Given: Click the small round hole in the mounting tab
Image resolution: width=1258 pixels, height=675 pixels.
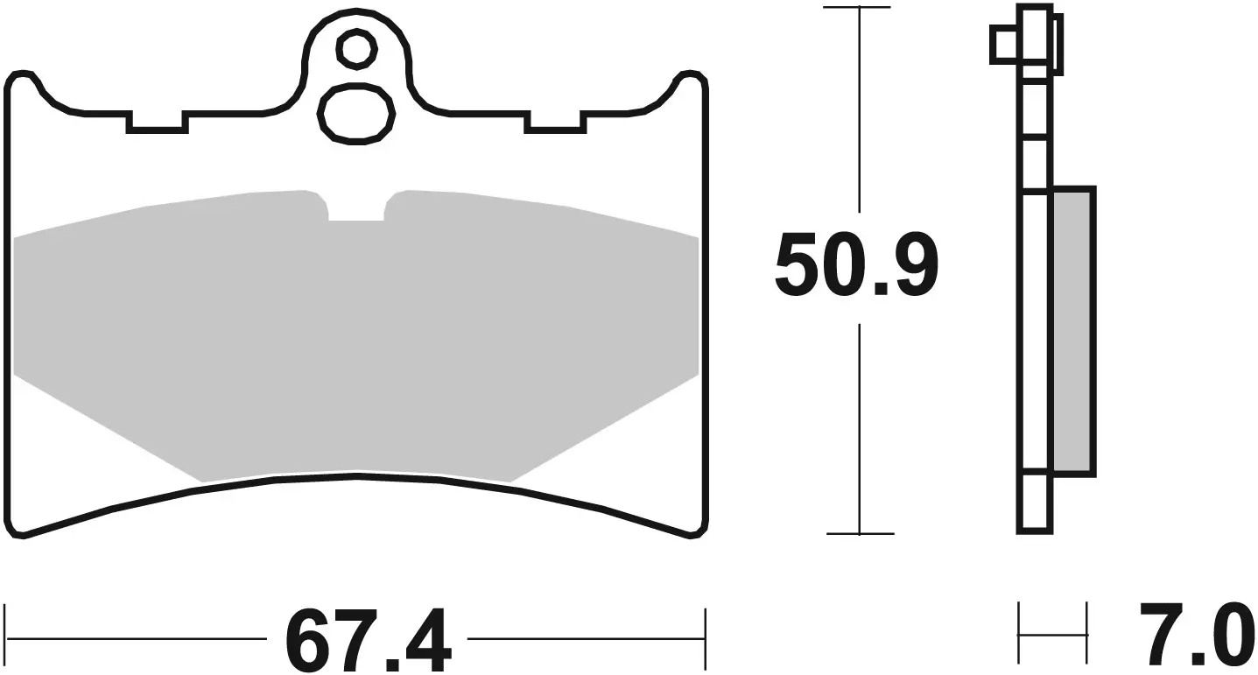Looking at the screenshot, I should pos(355,49).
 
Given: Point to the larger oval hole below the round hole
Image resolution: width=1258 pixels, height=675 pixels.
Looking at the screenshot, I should pos(355,113).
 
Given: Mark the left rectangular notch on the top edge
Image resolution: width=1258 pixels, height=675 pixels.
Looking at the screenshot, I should pos(157,121).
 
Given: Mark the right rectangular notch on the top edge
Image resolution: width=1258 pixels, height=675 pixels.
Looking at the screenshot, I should pos(554,121).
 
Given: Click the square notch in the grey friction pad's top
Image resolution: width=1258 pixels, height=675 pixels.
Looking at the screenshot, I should pos(356,208).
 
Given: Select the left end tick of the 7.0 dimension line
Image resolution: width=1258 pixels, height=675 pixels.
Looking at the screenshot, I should pos(1019,633).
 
